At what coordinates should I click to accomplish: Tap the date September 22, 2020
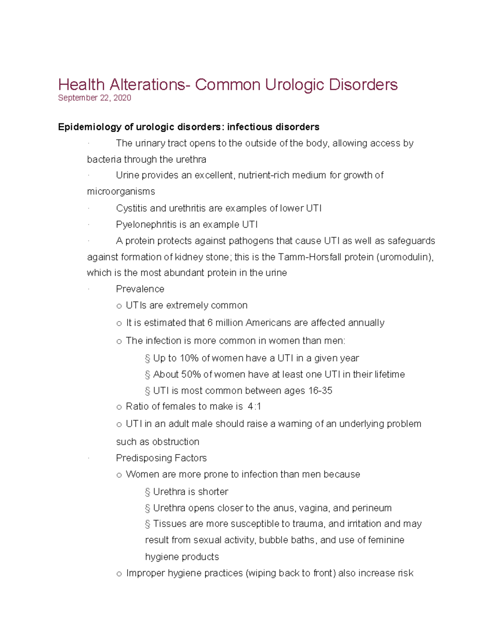coord(95,98)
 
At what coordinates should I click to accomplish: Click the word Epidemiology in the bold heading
coord(90,127)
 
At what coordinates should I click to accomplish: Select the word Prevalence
coord(140,289)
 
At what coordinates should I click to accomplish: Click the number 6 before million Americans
coord(210,323)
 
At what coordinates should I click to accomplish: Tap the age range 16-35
coord(320,391)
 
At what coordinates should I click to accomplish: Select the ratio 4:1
coord(254,407)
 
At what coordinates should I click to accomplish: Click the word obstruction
coord(176,442)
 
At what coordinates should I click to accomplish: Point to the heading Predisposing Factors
coord(161,458)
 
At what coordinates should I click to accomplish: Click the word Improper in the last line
coord(145,573)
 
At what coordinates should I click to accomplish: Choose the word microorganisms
coord(121,192)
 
